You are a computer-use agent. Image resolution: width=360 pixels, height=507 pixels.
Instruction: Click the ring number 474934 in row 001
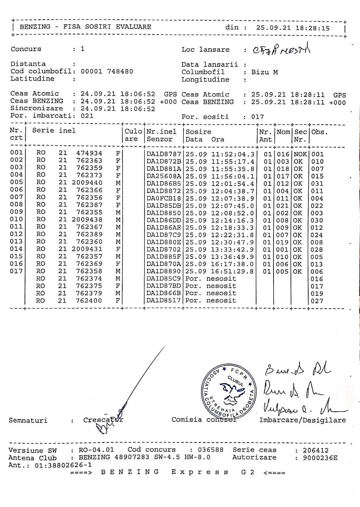coord(89,153)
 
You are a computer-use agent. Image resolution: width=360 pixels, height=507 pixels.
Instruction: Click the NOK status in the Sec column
coord(300,154)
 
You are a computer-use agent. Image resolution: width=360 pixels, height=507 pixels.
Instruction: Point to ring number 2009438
coord(87,220)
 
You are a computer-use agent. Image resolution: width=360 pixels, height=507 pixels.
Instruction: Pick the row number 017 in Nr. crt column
coord(16,271)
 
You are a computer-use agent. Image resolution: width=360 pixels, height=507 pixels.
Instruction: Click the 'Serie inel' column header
coord(54,131)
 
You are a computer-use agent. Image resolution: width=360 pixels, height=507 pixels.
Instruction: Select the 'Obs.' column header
coord(319,132)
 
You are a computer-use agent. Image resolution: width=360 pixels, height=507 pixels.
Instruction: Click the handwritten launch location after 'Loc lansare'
coord(282,50)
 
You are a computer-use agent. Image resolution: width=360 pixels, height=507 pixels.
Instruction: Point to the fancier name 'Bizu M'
coord(264,72)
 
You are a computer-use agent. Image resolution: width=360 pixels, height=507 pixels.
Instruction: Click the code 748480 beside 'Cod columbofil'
coord(120,71)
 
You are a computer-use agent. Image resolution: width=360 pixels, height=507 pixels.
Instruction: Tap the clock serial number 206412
coord(316,450)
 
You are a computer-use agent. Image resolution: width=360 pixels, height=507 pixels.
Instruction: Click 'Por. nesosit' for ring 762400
coord(211,300)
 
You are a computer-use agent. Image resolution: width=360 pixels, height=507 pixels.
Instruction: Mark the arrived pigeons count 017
coord(257,117)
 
